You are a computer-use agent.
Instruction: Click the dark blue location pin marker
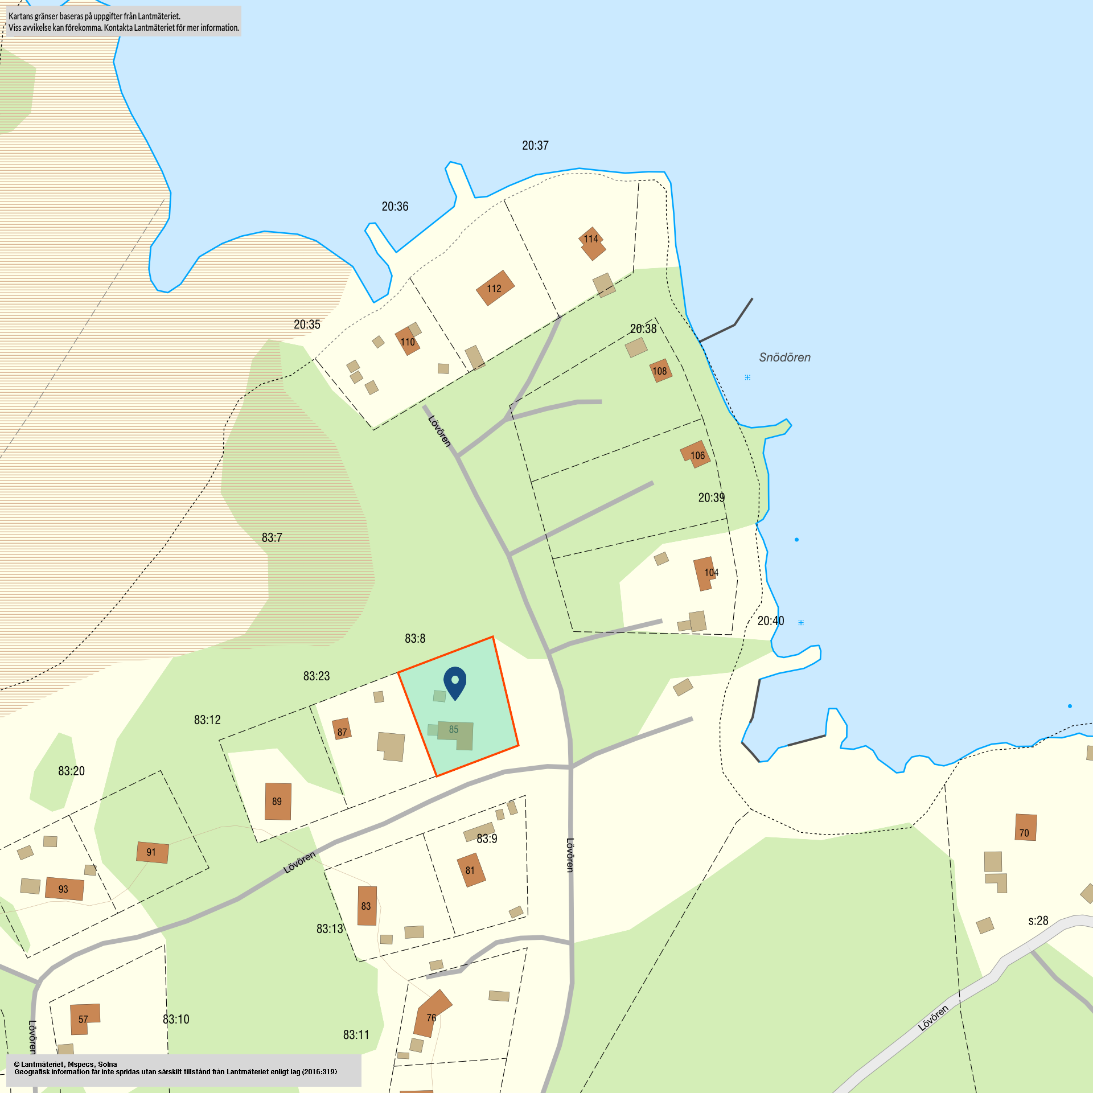(x=455, y=681)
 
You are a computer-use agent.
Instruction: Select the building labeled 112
(x=495, y=288)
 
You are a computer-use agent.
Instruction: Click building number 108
(x=660, y=371)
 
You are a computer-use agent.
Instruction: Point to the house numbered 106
(x=696, y=454)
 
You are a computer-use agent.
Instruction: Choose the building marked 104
(x=706, y=573)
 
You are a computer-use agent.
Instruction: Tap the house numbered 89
(x=278, y=801)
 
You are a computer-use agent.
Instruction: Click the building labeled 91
(x=152, y=852)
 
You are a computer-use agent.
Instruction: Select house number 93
(x=64, y=889)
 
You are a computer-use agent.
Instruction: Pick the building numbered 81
(x=471, y=870)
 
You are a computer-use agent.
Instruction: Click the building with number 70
(x=1025, y=827)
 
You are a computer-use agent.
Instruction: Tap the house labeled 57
(x=84, y=1018)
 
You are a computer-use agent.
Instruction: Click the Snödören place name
(x=784, y=358)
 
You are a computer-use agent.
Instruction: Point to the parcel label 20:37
(x=535, y=146)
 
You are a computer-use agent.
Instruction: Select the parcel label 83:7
(x=272, y=537)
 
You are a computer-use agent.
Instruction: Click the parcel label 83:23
(x=316, y=676)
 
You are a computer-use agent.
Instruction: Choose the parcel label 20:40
(x=770, y=621)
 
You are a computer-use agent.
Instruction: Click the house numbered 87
(x=342, y=729)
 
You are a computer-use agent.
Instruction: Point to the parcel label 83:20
(x=71, y=771)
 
